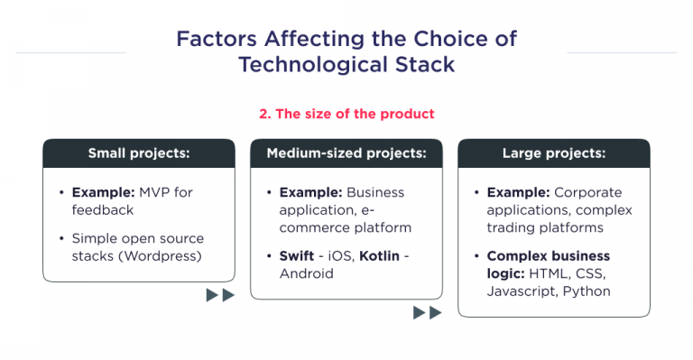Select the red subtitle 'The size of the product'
coord(346,114)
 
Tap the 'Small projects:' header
coord(139,153)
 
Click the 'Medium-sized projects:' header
coord(346,153)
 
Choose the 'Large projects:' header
coord(553,153)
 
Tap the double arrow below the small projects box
coord(220,295)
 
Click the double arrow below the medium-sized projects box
coord(428,312)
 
